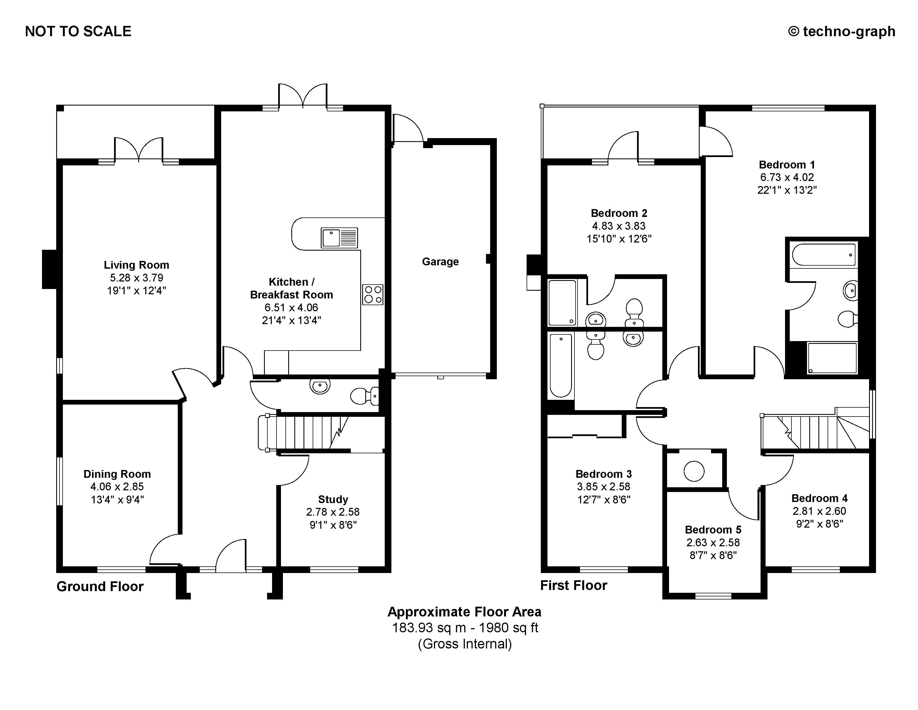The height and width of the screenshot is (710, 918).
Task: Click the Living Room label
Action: [x=136, y=265]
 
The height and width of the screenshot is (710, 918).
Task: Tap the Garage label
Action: [x=440, y=262]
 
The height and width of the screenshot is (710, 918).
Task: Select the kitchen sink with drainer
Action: [x=339, y=238]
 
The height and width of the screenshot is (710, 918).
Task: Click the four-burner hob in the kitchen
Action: [x=373, y=294]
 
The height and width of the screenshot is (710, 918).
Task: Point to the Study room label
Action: [x=333, y=499]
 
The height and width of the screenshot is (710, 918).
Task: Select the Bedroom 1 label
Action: [x=787, y=165]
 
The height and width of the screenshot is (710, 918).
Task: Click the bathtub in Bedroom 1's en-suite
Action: [x=824, y=255]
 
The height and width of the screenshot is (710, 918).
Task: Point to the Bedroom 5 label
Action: [x=713, y=530]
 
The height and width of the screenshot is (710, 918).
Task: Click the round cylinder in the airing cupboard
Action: [x=694, y=471]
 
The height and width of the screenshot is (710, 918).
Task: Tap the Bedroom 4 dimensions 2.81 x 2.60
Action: [x=819, y=511]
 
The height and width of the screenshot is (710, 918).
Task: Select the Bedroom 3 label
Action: [x=604, y=474]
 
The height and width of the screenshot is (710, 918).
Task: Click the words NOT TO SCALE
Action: [x=78, y=31]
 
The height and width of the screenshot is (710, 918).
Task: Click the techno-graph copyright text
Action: [x=841, y=31]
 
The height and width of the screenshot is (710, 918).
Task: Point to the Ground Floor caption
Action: [x=100, y=586]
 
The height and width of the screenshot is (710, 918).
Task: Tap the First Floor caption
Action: [x=573, y=586]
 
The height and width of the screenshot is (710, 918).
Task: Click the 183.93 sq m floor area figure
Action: [x=429, y=628]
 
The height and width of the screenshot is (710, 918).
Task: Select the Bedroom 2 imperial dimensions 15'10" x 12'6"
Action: [x=619, y=239]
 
